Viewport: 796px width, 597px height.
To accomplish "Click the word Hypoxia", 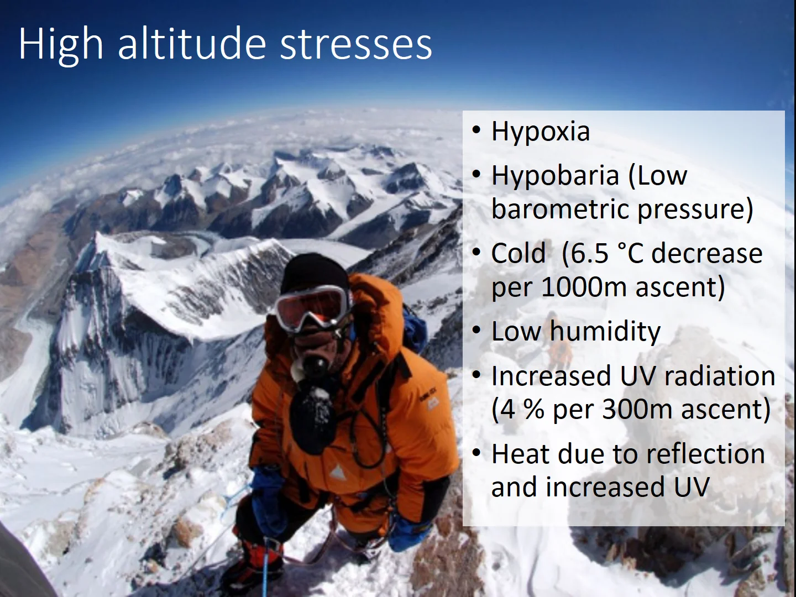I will point(540,132).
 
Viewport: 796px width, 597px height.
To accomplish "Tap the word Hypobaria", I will point(554,176).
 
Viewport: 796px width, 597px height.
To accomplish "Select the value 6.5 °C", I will point(607,254).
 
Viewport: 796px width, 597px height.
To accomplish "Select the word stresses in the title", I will point(356,44).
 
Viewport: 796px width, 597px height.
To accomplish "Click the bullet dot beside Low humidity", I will point(476,332).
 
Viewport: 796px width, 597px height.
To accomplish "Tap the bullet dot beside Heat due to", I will point(476,454).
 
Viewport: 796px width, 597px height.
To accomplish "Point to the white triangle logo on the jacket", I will point(336,473).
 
